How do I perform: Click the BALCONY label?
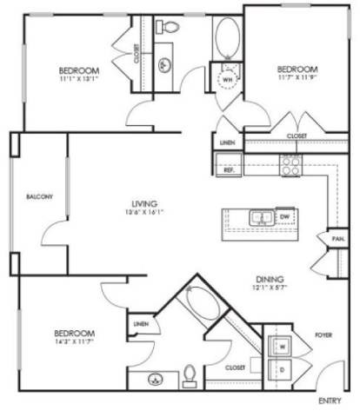[40, 196]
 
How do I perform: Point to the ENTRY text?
[330, 400]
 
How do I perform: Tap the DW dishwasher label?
[284, 216]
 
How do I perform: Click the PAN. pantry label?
[336, 237]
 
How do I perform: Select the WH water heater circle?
[229, 79]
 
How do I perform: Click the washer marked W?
[282, 346]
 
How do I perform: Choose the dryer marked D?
[282, 367]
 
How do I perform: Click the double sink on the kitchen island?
[259, 217]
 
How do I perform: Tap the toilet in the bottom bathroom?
[190, 376]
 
